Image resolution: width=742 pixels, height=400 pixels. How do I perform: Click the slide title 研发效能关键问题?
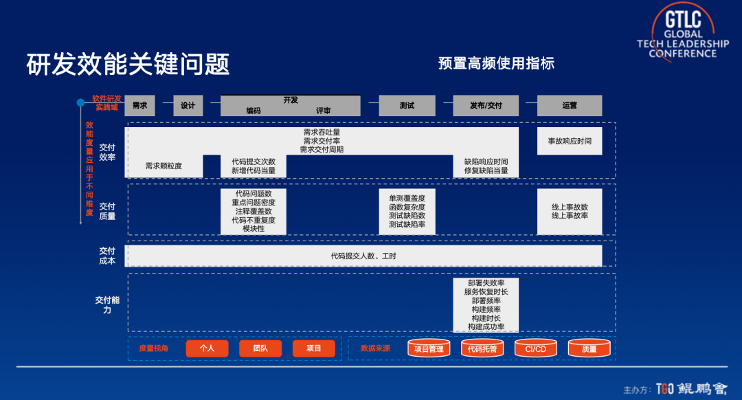[x=128, y=65]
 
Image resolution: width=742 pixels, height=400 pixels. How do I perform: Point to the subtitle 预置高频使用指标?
[x=496, y=64]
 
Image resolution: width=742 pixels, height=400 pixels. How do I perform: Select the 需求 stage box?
[x=140, y=106]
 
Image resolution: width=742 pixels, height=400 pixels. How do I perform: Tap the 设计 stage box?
[x=188, y=106]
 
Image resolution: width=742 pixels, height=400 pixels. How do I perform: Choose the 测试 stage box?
[x=407, y=106]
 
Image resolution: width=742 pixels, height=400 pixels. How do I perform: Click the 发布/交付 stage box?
[x=486, y=106]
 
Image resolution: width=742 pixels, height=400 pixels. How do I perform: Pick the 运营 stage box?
[x=570, y=106]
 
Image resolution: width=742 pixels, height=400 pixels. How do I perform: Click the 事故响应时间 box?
[x=570, y=141]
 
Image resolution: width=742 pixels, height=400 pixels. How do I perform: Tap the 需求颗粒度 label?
[x=164, y=166]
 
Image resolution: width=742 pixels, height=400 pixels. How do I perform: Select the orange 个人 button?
[x=207, y=348]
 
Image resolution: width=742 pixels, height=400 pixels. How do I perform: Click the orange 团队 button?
[x=260, y=348]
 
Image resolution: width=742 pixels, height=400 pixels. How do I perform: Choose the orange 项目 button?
[x=314, y=348]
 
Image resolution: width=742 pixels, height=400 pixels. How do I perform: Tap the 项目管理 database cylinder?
[x=429, y=348]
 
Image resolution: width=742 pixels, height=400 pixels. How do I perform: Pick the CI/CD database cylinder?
[x=536, y=348]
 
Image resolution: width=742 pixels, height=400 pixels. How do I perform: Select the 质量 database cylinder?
[x=589, y=348]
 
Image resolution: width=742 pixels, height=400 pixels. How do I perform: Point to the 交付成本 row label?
[x=107, y=256]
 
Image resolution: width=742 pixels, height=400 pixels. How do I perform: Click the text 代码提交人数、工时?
[x=363, y=256]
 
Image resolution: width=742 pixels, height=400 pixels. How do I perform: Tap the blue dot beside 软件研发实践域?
[x=80, y=102]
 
